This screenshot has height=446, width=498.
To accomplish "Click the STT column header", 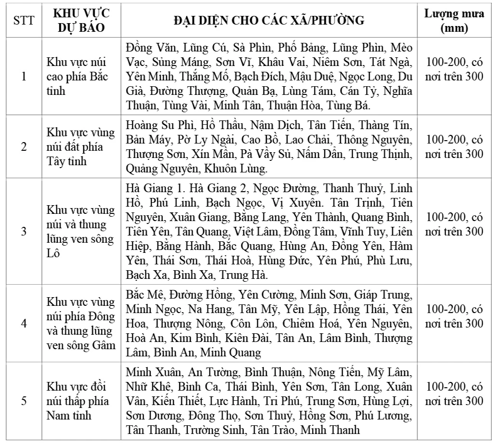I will click(24, 21).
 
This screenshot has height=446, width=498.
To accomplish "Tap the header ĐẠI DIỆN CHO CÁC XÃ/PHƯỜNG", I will click(269, 21).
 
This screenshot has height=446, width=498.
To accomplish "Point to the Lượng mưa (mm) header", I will click(454, 21).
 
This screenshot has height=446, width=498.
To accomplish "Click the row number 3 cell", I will click(24, 231).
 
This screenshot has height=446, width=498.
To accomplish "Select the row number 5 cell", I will click(24, 401).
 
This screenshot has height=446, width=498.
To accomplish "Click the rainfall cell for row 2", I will click(454, 147).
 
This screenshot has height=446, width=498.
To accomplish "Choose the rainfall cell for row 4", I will click(454, 315).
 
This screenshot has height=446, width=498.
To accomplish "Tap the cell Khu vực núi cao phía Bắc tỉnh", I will click(78, 77).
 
